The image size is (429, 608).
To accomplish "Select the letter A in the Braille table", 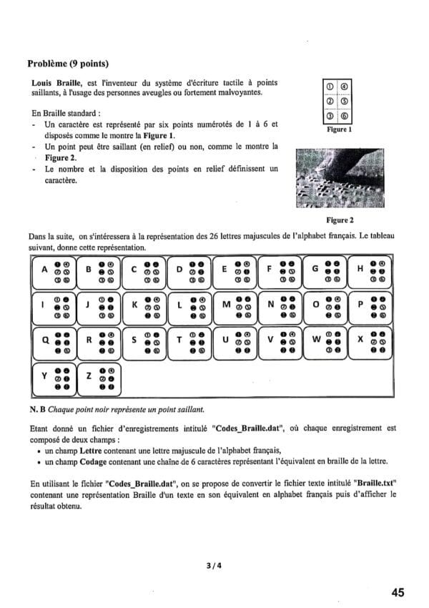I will (45, 270).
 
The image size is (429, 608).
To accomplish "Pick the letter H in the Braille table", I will (360, 270).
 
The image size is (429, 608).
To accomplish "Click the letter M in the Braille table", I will (227, 305).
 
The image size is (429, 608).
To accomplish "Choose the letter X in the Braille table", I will (360, 340).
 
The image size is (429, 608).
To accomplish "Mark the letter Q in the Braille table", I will (45, 340).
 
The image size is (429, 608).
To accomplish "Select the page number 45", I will (398, 592).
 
